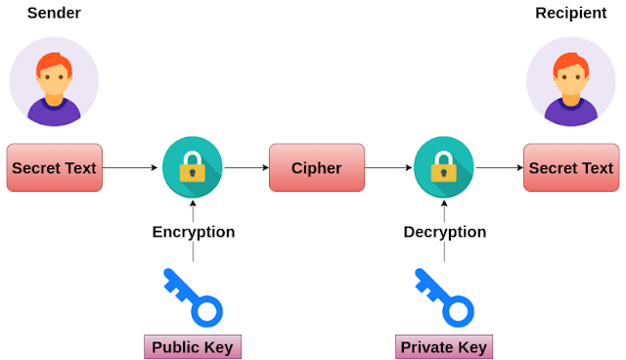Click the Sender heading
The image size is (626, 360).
[x=53, y=14]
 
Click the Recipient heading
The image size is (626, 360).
[x=570, y=14]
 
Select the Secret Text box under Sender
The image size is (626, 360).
[x=54, y=168]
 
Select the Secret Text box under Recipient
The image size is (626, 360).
[x=570, y=168]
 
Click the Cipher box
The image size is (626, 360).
[x=316, y=168]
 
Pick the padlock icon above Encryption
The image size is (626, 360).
[x=193, y=168]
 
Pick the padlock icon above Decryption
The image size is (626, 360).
[x=444, y=168]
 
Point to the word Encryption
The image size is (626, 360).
[x=193, y=232]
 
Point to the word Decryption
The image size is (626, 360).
[x=444, y=232]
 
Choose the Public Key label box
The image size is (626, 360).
[x=193, y=346]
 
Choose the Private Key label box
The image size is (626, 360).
[x=444, y=346]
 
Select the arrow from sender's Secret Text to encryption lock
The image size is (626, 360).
[x=131, y=168]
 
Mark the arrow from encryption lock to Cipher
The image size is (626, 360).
[x=246, y=168]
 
